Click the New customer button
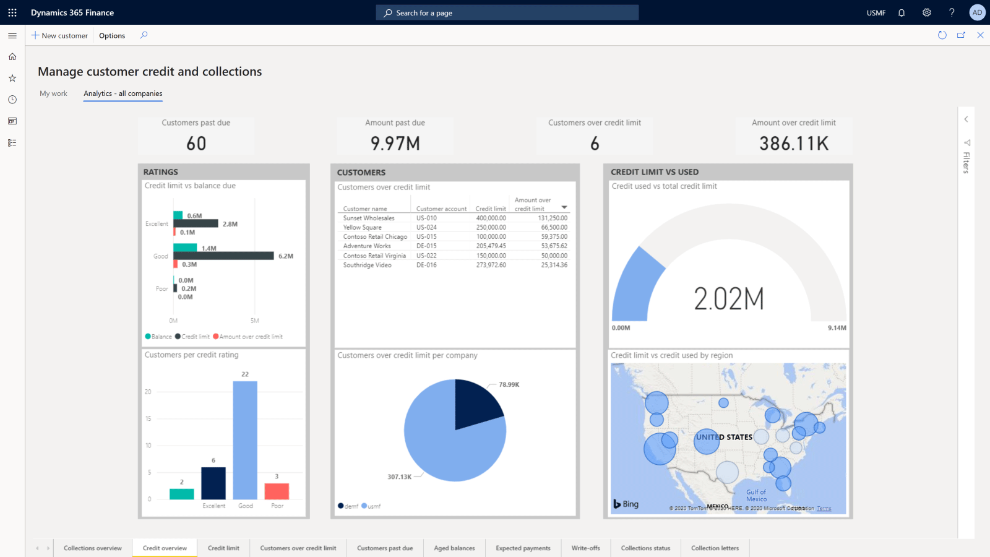(x=59, y=35)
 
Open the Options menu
(x=112, y=35)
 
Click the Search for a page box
(x=507, y=12)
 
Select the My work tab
(x=53, y=93)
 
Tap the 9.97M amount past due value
(x=395, y=144)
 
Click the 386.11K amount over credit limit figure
(x=793, y=144)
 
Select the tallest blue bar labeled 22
(x=245, y=439)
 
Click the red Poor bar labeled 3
(x=277, y=491)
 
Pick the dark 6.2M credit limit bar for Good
(x=223, y=256)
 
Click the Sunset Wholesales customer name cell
(x=369, y=218)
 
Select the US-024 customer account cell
(x=426, y=227)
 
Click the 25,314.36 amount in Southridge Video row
(x=554, y=265)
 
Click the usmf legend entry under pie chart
(x=371, y=506)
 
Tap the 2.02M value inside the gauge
(x=728, y=299)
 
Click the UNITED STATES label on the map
(x=724, y=437)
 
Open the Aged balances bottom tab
(x=454, y=548)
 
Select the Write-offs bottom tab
(x=585, y=548)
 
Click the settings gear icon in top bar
(x=926, y=12)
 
